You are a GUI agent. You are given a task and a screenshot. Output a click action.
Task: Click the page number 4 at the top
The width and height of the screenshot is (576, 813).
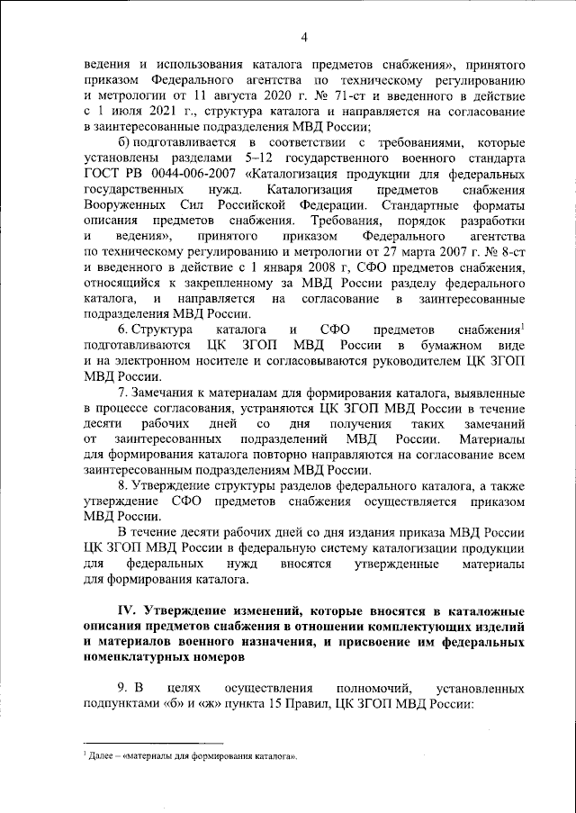[x=304, y=36]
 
